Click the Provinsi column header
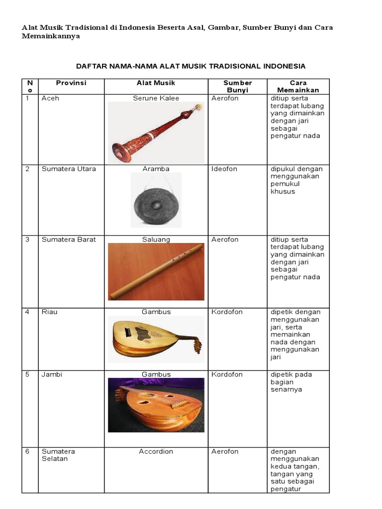tap(71, 83)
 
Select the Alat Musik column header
tap(156, 83)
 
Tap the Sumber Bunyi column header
tap(237, 86)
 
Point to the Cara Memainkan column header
tap(298, 86)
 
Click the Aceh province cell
tap(50, 98)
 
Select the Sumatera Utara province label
tap(69, 169)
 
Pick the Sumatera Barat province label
tap(69, 240)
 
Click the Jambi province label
tap(52, 374)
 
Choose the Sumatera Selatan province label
tap(58, 455)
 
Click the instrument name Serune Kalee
tap(156, 98)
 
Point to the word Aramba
tap(156, 169)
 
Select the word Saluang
tap(156, 240)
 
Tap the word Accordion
tap(156, 451)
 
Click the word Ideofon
tap(224, 169)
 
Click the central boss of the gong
tap(156, 205)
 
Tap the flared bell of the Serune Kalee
tap(122, 152)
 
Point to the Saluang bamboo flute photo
tap(156, 272)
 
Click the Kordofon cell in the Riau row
tap(227, 312)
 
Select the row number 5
tap(27, 374)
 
